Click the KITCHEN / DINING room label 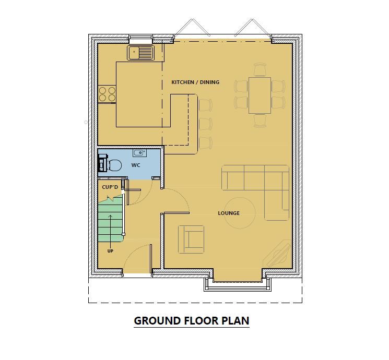click(195, 82)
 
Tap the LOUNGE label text click(229, 213)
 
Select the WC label click(136, 165)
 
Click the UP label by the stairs click(110, 251)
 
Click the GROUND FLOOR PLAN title click(192, 320)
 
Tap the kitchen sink click(140, 52)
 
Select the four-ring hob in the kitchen click(107, 94)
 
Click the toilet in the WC click(112, 165)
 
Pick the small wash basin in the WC click(139, 153)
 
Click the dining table click(260, 95)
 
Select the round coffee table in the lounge click(240, 212)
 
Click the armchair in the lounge click(191, 239)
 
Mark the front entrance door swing click(137, 258)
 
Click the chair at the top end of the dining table click(260, 70)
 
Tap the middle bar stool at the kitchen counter click(206, 124)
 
